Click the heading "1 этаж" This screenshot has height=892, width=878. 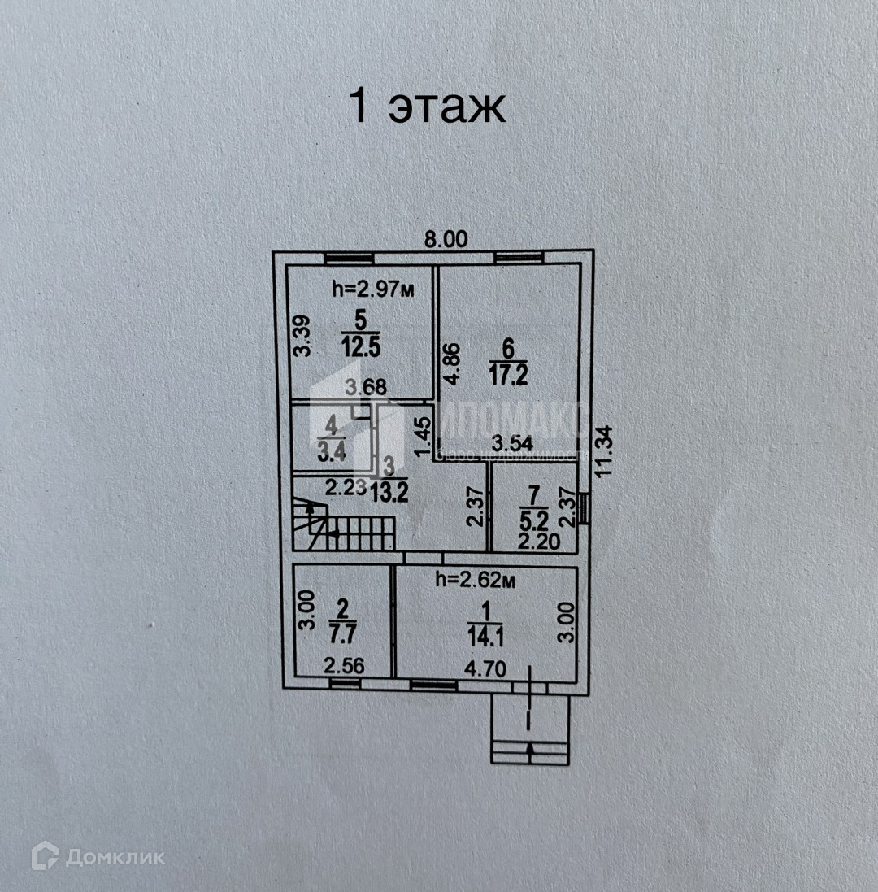428,108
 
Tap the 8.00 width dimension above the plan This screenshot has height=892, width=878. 448,239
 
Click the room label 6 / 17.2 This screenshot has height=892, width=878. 508,362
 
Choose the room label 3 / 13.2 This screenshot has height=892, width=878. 389,481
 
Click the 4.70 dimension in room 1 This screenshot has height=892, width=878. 485,669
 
